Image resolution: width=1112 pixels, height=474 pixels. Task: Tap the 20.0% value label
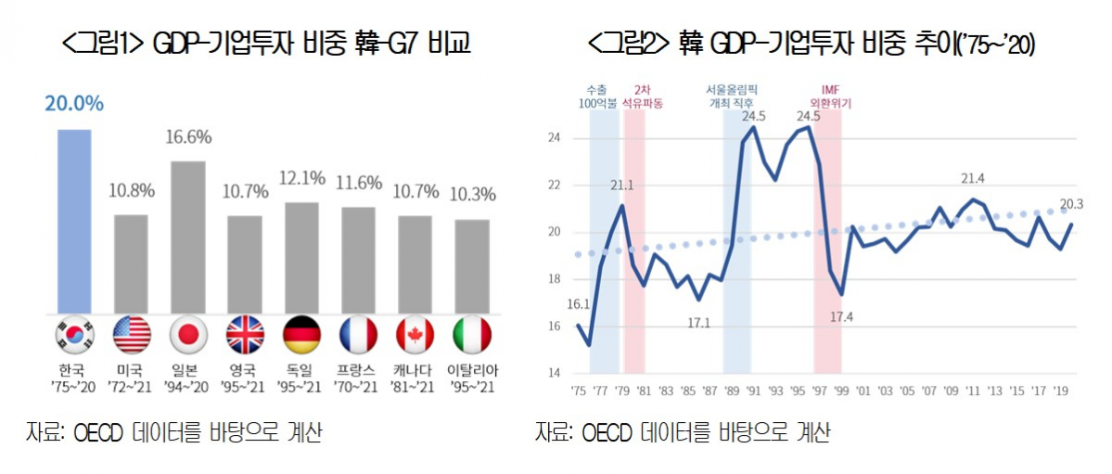click(74, 104)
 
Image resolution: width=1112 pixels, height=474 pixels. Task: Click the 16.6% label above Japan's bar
click(188, 137)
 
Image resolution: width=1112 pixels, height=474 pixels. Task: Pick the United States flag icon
click(131, 336)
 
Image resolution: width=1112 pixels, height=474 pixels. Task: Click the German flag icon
click(301, 336)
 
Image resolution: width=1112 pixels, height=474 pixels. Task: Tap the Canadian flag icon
click(415, 336)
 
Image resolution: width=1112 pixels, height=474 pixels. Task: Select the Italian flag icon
click(472, 336)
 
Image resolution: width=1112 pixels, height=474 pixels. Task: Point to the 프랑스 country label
click(358, 369)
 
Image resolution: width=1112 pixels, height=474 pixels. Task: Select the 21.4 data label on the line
click(973, 178)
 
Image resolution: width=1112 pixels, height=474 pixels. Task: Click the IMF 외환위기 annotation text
click(829, 96)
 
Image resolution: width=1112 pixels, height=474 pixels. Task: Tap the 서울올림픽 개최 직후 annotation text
click(736, 96)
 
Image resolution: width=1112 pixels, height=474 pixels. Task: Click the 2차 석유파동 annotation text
click(646, 96)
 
